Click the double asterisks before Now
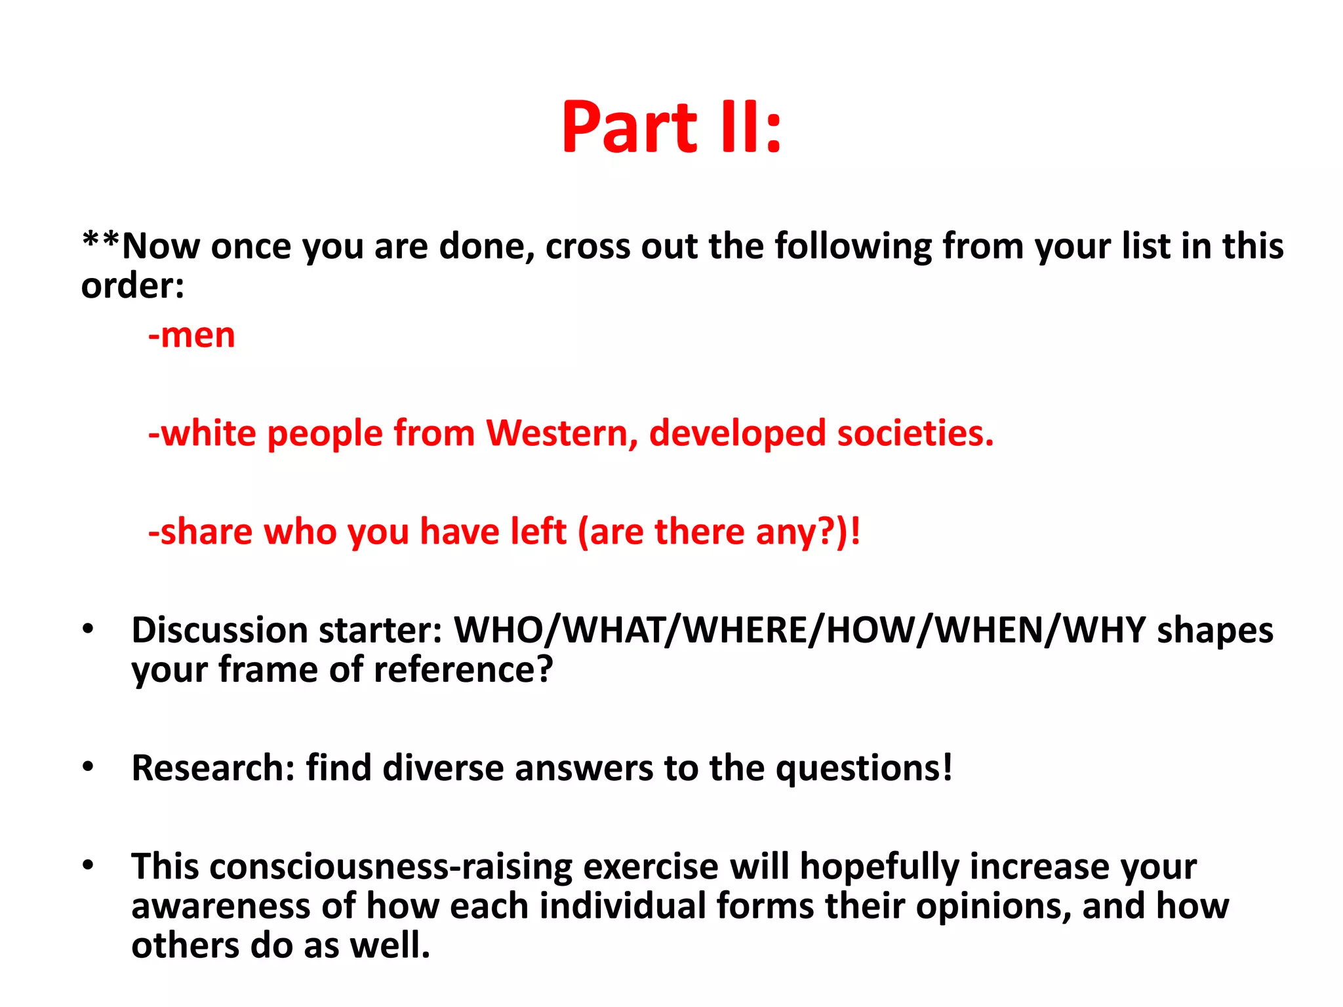pyautogui.click(x=100, y=241)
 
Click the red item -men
pyautogui.click(x=191, y=336)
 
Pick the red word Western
pyautogui.click(x=561, y=433)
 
